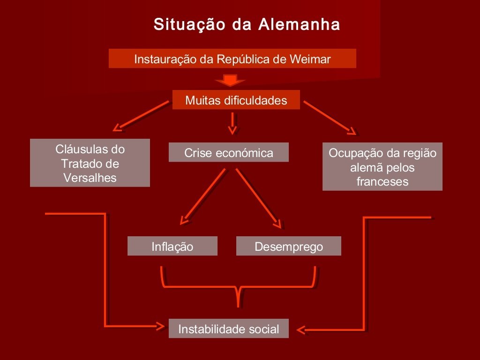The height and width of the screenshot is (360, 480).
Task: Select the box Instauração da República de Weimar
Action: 232,59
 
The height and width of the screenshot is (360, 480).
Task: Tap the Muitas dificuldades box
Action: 236,100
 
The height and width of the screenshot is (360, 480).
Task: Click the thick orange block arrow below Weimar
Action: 229,80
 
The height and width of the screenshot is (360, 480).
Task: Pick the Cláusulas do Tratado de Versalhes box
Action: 90,163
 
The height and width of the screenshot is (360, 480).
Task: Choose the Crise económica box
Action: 228,153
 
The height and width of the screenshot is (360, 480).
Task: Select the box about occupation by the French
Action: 382,167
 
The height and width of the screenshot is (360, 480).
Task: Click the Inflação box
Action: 172,247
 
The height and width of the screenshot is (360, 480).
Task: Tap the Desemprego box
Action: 288,247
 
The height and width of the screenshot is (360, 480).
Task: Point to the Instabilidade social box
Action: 228,329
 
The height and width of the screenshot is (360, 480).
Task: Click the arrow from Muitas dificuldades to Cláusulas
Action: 141,115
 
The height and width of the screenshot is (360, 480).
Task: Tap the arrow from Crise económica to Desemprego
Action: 259,197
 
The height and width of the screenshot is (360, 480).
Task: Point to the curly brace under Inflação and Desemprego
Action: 239,286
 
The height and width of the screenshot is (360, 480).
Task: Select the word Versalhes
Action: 90,178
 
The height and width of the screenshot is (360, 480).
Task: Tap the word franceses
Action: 382,181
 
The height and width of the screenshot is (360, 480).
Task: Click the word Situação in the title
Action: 189,24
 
